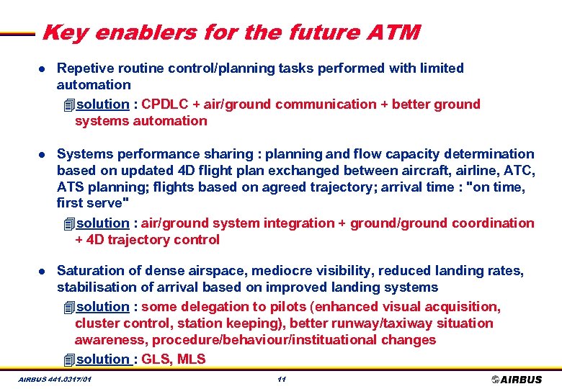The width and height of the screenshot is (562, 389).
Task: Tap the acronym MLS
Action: pyautogui.click(x=191, y=359)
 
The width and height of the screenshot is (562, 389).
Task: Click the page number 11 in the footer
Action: pyautogui.click(x=282, y=379)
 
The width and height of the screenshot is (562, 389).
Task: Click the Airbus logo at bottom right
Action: pyautogui.click(x=517, y=380)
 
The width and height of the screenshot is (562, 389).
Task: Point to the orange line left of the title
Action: pyautogui.click(x=18, y=33)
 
